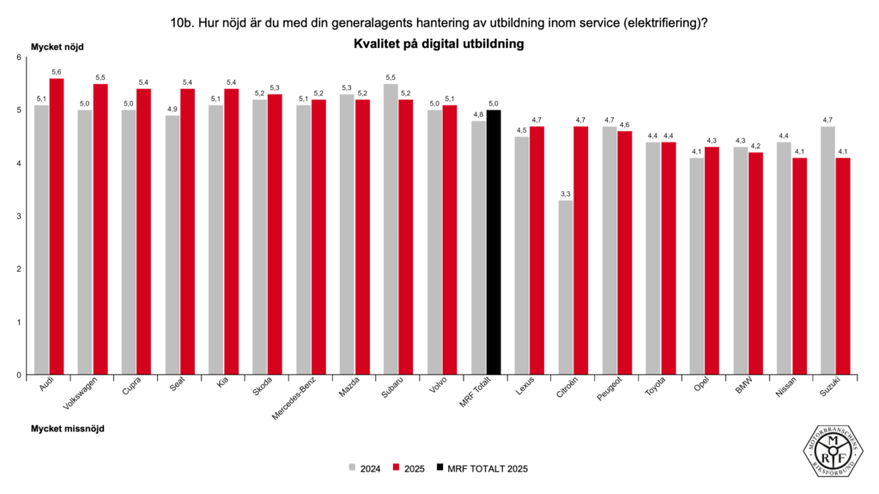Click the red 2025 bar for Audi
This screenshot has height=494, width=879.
(57, 226)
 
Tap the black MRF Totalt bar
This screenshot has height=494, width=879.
(494, 243)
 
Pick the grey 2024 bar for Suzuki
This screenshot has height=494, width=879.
(829, 250)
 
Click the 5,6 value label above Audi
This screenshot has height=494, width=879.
(57, 72)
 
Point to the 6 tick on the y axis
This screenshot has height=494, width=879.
(18, 57)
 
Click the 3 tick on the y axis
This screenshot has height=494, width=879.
(18, 216)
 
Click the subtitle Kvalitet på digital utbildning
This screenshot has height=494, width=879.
(439, 42)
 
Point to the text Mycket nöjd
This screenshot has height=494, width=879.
(58, 47)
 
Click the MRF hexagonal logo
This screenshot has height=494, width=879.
(834, 452)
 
